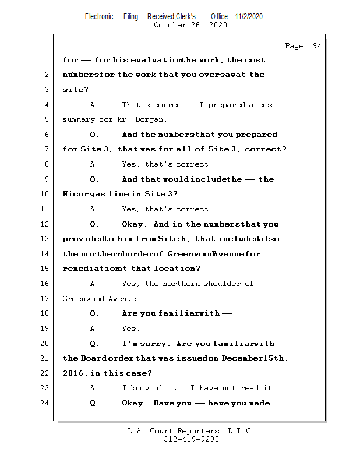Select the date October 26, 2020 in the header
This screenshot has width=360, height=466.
coord(190,25)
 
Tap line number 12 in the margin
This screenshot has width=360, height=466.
coord(46,224)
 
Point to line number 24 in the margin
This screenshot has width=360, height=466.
coord(46,403)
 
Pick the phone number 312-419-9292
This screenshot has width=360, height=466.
coord(191,440)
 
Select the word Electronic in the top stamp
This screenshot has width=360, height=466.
coord(99,17)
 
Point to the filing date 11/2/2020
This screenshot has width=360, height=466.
coord(249,17)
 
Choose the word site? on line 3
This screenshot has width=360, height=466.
coord(74,90)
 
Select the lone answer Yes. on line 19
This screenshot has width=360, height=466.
coord(131,329)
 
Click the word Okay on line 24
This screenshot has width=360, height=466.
coord(134,403)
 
